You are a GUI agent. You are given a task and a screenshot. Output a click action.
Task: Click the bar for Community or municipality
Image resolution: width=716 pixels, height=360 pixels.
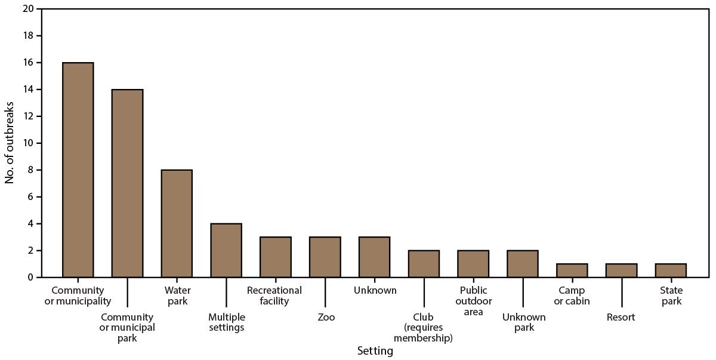78,170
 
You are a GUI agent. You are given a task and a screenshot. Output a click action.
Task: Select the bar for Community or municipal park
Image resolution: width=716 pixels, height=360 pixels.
127,183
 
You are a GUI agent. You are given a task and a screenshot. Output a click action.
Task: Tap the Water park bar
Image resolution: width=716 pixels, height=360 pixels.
177,224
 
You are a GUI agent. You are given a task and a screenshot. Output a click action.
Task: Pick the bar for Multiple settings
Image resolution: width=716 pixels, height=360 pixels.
226,251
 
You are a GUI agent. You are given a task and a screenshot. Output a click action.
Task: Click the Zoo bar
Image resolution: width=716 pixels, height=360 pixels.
325,257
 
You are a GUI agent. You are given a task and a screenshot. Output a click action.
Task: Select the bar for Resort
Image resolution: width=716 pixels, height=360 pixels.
621,270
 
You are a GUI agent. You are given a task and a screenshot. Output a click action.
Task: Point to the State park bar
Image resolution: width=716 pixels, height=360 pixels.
671,270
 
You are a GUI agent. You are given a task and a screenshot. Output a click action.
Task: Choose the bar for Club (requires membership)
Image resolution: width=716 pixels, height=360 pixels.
424,264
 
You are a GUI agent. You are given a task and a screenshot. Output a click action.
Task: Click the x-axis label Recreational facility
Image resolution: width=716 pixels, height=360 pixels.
274,296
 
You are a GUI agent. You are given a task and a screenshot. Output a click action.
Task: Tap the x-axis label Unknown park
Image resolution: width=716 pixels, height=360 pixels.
523,323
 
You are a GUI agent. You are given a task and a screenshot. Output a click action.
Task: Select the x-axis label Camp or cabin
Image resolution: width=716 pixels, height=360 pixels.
572,296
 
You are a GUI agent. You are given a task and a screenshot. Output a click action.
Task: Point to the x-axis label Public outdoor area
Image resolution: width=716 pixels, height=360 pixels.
473,301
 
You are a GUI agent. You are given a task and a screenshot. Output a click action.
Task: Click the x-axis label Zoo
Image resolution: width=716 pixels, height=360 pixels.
326,318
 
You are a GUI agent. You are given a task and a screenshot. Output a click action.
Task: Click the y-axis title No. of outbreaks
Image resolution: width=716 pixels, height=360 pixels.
10,143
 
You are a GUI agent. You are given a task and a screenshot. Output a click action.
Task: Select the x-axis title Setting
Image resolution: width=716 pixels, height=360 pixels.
375,351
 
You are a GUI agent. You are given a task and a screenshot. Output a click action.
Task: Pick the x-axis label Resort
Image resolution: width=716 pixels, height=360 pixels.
621,318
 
